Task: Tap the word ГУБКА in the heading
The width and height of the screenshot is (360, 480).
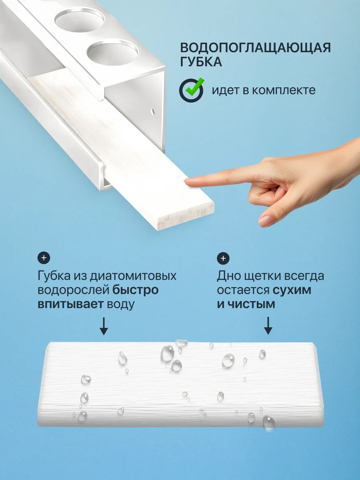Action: (201, 62)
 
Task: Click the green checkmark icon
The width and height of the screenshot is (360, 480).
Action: (192, 90)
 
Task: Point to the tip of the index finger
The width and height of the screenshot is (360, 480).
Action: (185, 181)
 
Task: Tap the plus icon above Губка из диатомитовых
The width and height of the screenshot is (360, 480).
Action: (44, 258)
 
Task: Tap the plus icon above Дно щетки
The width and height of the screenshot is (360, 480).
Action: (223, 258)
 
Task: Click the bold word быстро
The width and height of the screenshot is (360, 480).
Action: (136, 290)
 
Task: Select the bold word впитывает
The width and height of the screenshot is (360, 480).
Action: (70, 304)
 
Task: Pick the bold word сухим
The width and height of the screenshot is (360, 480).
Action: (292, 290)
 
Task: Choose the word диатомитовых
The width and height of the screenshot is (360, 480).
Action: (133, 276)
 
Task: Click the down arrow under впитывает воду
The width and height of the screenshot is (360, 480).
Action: (104, 326)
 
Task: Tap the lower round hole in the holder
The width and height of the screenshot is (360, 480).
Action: (112, 52)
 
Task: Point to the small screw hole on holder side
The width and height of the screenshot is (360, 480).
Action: (153, 112)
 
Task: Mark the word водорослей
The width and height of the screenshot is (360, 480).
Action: (74, 290)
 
